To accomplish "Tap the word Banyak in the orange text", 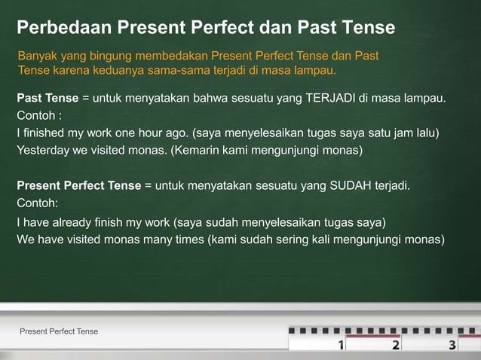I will coord(35,56).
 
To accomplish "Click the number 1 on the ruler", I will coord(341,345).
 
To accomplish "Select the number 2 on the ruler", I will coord(396,345).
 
